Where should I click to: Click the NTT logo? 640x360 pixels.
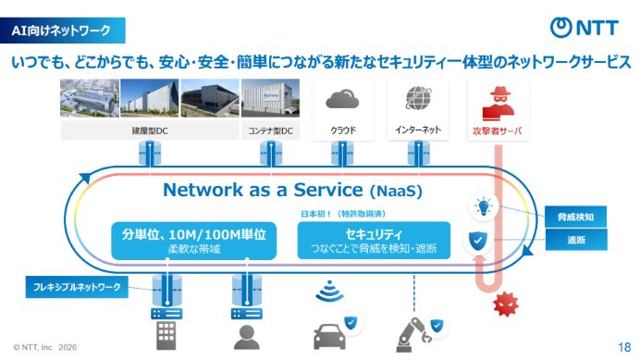pos(585,28)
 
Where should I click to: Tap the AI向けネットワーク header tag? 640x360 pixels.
pos(63,31)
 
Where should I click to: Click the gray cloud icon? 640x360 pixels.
pos(342,99)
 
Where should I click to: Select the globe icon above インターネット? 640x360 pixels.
pos(418,98)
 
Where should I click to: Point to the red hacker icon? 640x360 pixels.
pos(498,104)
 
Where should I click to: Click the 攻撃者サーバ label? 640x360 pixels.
pos(498,130)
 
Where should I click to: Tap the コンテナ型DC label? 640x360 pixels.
pos(271,130)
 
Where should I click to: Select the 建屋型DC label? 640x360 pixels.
pos(150,130)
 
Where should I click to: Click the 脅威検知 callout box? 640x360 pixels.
pos(575,217)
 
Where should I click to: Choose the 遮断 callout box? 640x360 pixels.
pos(576,240)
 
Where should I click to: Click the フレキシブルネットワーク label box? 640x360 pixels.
pos(77,287)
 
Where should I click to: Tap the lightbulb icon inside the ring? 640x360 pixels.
pos(484,206)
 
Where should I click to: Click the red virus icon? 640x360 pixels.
pos(506,304)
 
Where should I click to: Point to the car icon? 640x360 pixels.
pos(329,337)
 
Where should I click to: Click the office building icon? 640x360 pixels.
pos(166,336)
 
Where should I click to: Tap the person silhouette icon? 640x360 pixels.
pos(247,337)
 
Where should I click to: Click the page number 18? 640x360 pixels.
pos(624,347)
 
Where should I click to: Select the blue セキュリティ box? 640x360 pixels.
pos(374,241)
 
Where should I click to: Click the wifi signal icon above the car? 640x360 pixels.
pos(329,291)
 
